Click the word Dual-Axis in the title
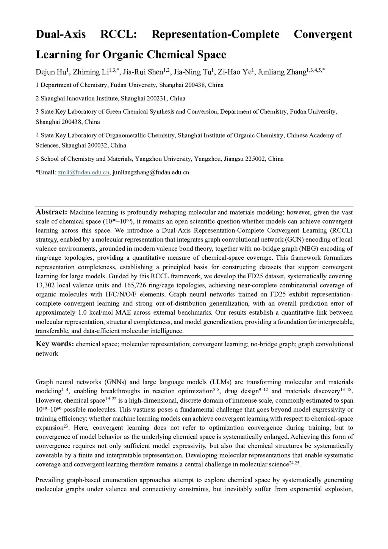tap(61, 35)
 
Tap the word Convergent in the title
tap(323, 35)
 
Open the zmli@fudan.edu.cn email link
tap(83, 173)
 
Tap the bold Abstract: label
tap(51, 212)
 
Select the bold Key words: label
tap(55, 344)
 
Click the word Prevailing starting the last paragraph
tap(50, 480)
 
